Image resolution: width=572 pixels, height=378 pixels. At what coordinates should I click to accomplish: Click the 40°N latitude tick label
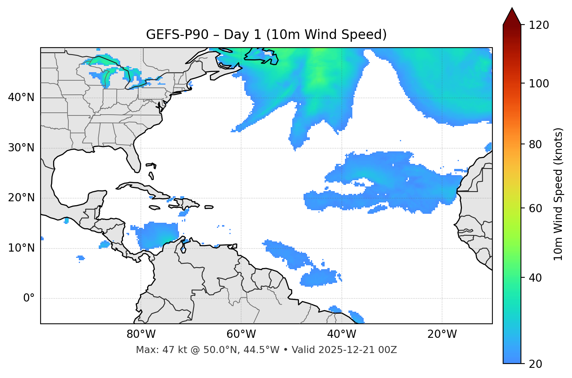[x=21, y=98]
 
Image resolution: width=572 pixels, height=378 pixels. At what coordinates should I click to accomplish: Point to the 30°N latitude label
[x=21, y=148]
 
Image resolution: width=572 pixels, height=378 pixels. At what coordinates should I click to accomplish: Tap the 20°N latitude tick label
[x=21, y=198]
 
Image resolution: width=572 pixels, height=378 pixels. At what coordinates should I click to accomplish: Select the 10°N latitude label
[x=21, y=248]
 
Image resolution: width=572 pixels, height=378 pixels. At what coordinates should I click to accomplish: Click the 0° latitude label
[x=29, y=298]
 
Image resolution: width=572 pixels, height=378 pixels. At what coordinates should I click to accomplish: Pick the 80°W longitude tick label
[x=141, y=334]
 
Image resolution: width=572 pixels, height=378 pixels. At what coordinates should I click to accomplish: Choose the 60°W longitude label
[x=241, y=334]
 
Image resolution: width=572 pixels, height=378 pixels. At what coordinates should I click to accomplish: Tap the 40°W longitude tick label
[x=342, y=334]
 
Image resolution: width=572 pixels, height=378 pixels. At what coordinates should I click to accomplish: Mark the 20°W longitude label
[x=442, y=334]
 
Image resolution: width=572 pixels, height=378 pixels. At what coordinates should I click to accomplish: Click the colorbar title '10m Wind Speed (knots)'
[x=558, y=194]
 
